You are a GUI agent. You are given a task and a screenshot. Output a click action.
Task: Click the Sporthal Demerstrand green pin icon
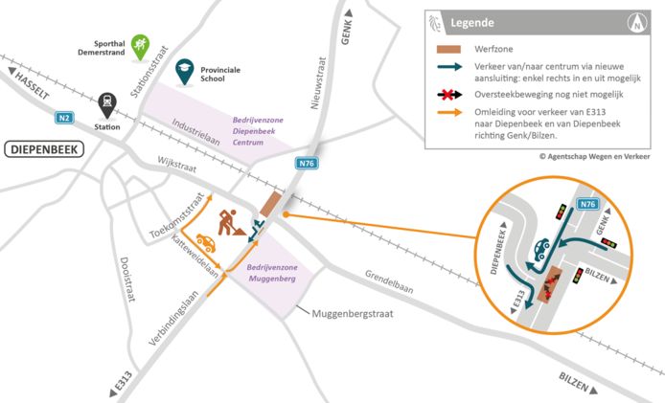click(x=140, y=44)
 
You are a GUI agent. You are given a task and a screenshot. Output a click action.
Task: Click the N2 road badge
click(x=64, y=118)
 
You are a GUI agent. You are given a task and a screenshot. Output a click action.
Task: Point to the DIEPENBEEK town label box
click(x=45, y=149)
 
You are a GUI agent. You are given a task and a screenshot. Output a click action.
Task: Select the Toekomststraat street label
click(x=180, y=219)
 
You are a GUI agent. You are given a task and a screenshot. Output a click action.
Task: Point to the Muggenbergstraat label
click(x=355, y=313)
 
